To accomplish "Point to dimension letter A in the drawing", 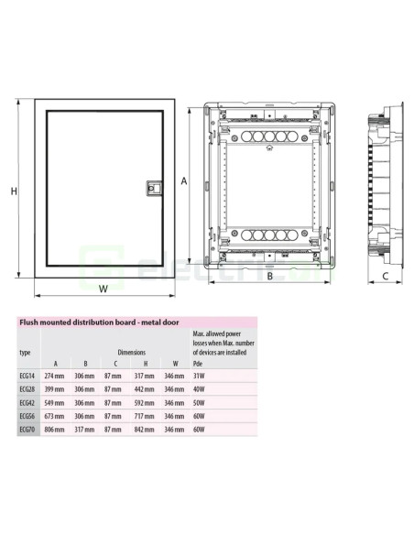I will (x=183, y=181).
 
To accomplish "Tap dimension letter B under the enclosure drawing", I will (x=270, y=276).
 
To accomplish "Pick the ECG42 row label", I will (x=28, y=402).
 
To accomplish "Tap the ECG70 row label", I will (x=28, y=428).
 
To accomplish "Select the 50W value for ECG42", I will (x=198, y=402).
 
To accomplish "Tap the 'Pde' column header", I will (x=197, y=364).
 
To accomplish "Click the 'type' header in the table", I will (x=26, y=352).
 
